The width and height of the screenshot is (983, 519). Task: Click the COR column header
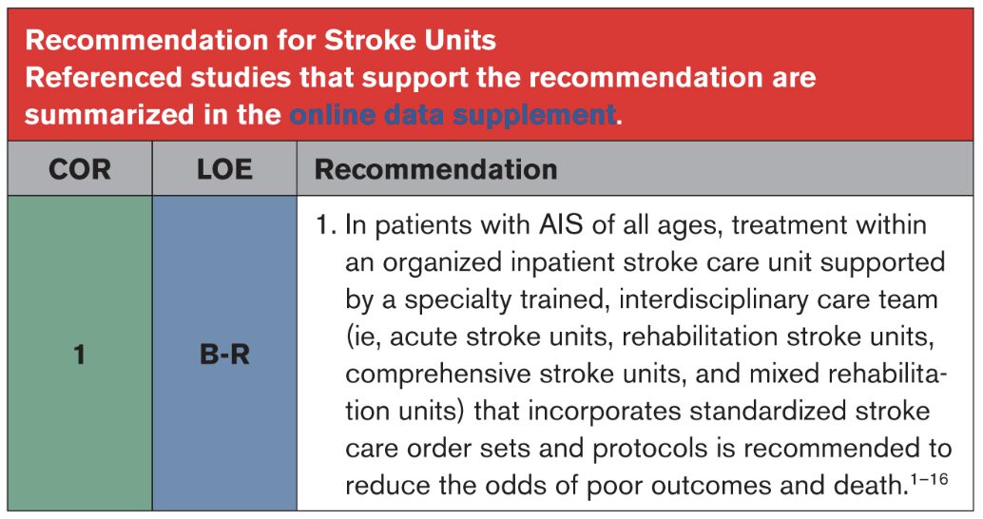(80, 169)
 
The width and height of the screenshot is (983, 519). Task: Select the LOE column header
(224, 169)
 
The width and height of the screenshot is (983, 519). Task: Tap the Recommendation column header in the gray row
(435, 169)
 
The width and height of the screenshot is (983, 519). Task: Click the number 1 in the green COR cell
(79, 355)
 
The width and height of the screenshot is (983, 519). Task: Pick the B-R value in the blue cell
(224, 355)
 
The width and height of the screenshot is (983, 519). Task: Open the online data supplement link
(453, 115)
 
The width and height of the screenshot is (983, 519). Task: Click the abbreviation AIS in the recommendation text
(561, 225)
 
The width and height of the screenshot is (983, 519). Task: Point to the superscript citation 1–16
(929, 479)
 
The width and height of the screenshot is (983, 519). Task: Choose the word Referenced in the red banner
(104, 78)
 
